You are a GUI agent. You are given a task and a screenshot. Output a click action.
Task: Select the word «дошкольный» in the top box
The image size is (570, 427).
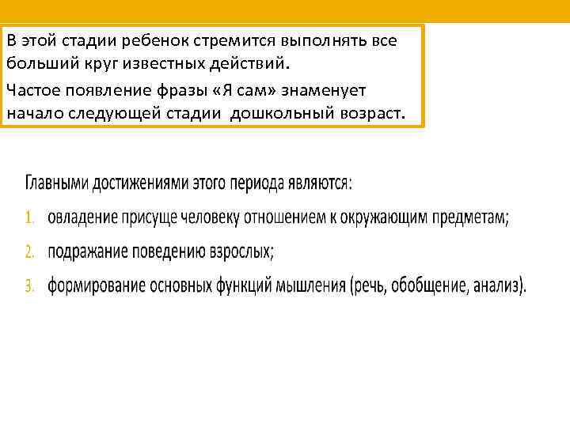276,113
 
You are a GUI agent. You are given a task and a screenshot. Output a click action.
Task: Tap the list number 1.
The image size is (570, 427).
29,217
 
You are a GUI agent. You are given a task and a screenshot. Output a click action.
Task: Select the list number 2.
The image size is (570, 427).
29,251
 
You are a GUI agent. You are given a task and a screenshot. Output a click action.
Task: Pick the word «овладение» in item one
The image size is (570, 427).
82,217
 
